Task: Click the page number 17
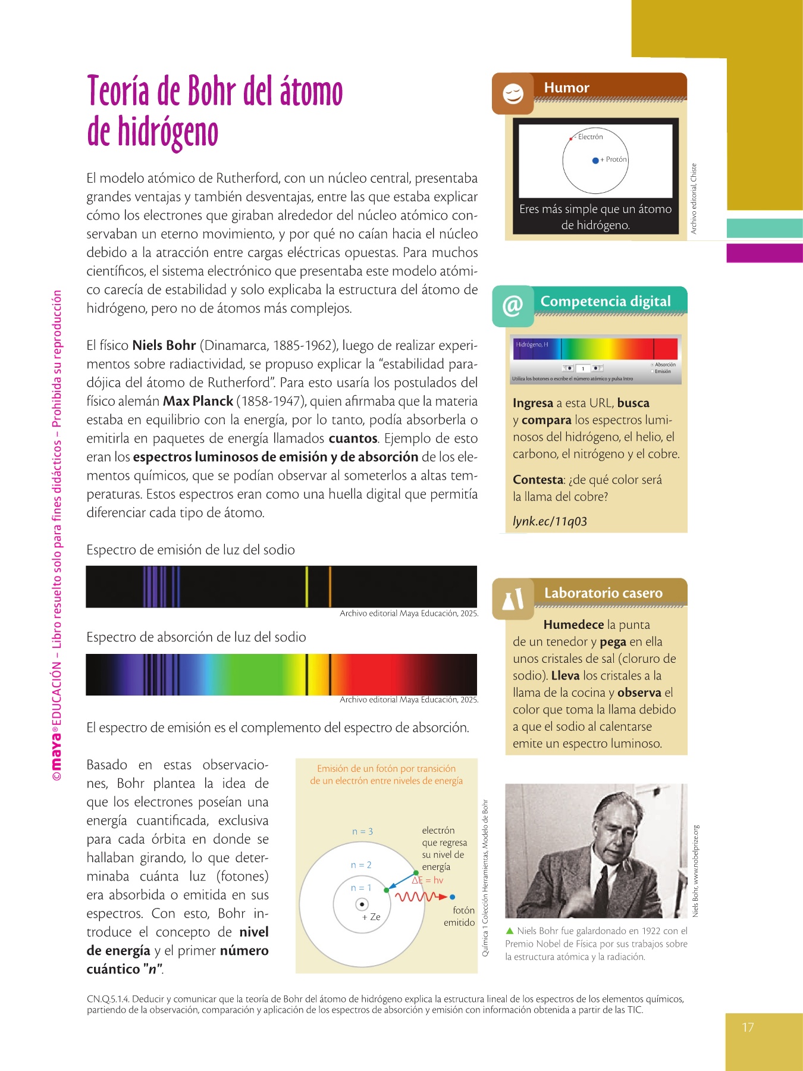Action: tap(748, 1028)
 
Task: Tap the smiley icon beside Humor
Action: tap(513, 94)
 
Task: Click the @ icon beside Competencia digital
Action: tap(513, 306)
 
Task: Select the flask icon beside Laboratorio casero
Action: tap(513, 599)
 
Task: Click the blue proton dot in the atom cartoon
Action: tap(595, 160)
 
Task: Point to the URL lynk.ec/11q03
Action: tap(550, 521)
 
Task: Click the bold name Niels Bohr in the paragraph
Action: tap(164, 346)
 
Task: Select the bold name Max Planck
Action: tap(198, 401)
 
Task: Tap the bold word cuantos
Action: tap(353, 439)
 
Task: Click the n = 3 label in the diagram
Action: tap(362, 831)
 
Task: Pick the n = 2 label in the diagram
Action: tap(361, 865)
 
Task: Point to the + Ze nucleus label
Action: tap(371, 917)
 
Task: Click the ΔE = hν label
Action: tap(428, 880)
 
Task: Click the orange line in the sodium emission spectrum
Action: tap(330, 587)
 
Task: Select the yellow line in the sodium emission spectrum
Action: tap(307, 587)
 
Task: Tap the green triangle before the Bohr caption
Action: tap(509, 931)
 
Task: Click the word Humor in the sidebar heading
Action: tap(566, 87)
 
